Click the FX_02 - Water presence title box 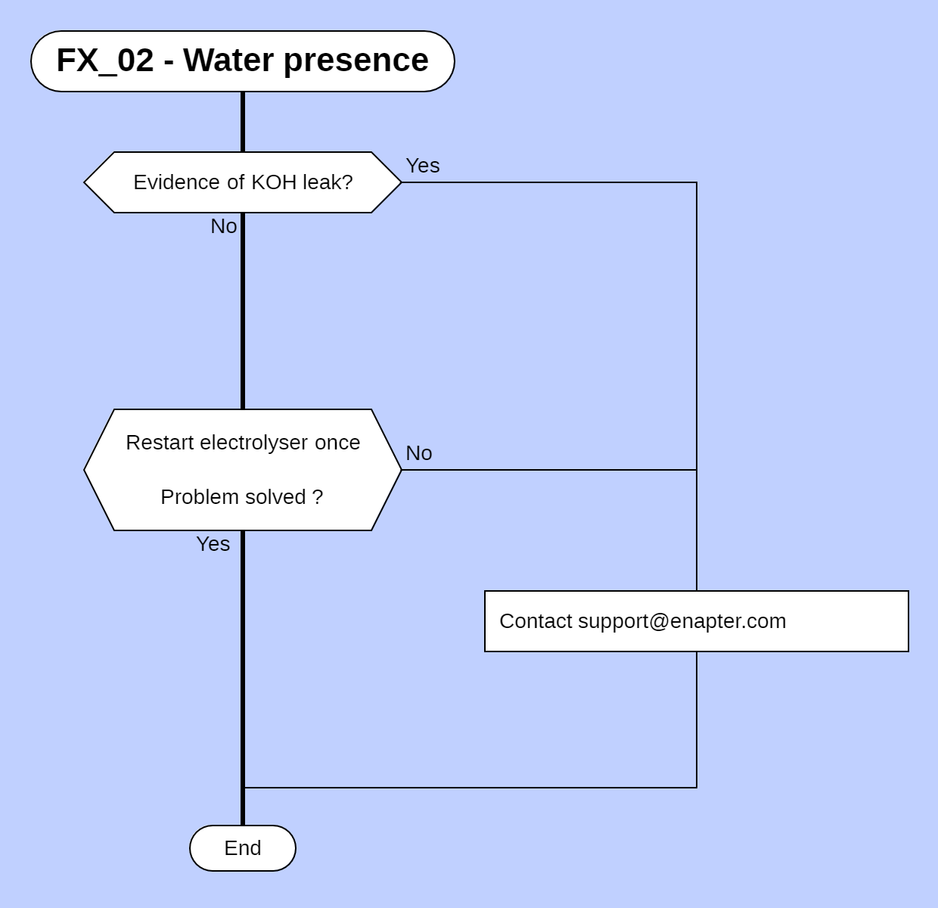point(242,61)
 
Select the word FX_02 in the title point(104,61)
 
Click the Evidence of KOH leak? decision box point(242,182)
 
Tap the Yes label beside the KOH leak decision point(422,166)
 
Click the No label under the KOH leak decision point(223,226)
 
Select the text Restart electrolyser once point(242,443)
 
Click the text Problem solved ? point(241,497)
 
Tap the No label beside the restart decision point(418,453)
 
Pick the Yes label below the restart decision point(213,544)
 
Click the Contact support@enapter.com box point(696,621)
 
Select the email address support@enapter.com point(682,621)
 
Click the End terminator point(242,848)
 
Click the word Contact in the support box point(536,621)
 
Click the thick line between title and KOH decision point(243,122)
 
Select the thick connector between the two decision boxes point(243,310)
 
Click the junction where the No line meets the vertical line point(697,470)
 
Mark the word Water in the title point(228,61)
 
